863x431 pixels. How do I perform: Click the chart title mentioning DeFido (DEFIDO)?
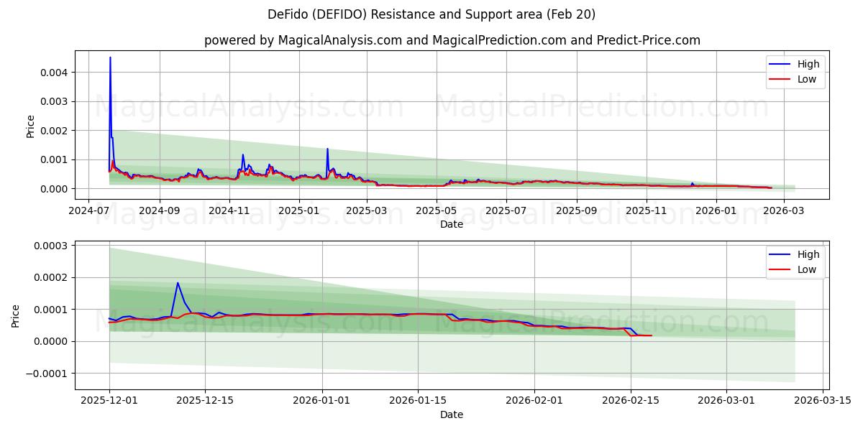tap(431, 14)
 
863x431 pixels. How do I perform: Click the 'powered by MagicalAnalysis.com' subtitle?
tap(452, 40)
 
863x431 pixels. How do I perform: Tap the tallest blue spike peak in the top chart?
tap(110, 57)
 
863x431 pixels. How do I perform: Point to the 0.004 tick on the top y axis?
tap(54, 73)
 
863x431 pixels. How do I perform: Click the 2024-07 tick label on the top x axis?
tap(88, 211)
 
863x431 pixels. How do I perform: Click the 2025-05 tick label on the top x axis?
tap(437, 211)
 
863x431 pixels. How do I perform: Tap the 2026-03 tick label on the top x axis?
tap(785, 211)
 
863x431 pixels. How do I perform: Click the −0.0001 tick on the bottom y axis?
tap(47, 374)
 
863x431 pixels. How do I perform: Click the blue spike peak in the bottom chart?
tap(178, 282)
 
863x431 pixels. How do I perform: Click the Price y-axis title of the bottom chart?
tap(16, 315)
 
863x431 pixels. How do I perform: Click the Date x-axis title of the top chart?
tap(452, 224)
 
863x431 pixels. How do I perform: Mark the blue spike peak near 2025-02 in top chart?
tap(327, 149)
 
